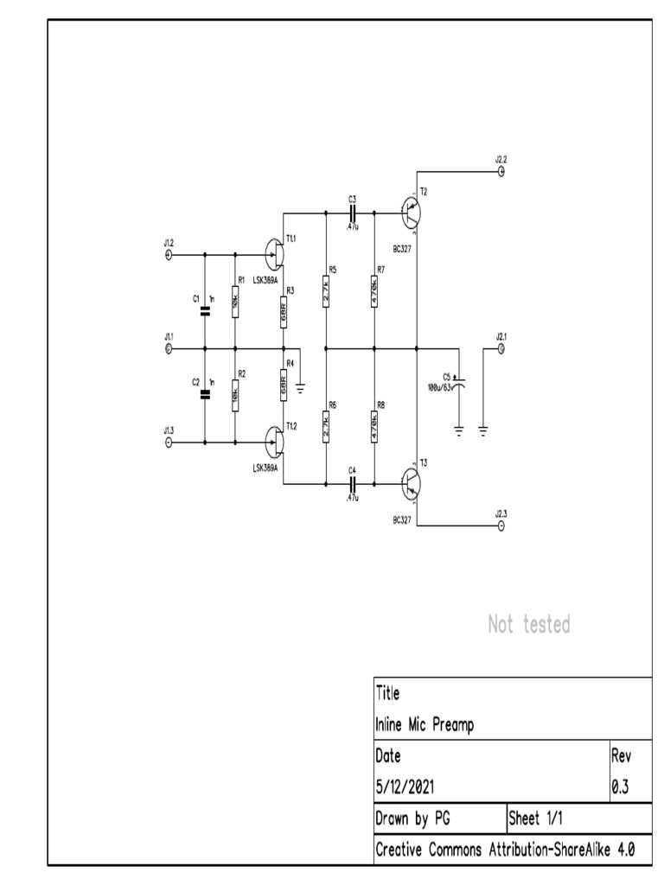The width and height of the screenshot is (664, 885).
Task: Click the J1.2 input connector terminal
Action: (x=169, y=255)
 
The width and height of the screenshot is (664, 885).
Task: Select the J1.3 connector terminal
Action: (x=169, y=442)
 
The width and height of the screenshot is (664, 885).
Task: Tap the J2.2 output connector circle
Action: (x=501, y=171)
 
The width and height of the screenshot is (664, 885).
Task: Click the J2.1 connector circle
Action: (x=501, y=348)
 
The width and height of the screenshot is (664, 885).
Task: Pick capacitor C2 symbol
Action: (x=205, y=395)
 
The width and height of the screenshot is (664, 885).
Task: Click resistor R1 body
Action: (x=235, y=302)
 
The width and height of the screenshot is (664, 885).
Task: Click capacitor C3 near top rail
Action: (x=353, y=211)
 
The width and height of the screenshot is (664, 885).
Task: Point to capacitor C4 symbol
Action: (x=353, y=485)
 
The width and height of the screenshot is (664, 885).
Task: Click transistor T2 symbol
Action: (x=412, y=211)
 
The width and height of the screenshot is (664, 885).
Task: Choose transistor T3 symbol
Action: (x=412, y=483)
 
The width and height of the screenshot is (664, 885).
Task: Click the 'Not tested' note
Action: (x=529, y=624)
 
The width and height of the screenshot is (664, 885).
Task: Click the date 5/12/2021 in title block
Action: (x=406, y=787)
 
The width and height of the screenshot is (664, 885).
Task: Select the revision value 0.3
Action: (x=621, y=787)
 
